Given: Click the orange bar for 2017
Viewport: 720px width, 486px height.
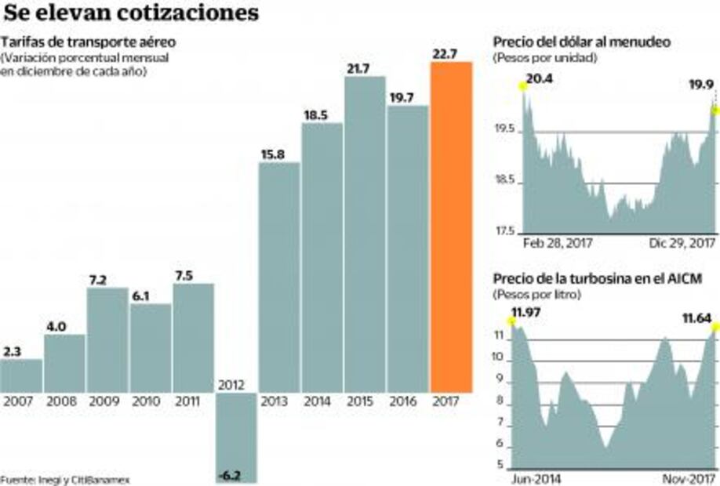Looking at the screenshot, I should pyautogui.click(x=451, y=227).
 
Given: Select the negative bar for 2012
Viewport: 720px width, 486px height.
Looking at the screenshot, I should pyautogui.click(x=237, y=437).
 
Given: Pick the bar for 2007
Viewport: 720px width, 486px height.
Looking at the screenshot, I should pyautogui.click(x=21, y=375).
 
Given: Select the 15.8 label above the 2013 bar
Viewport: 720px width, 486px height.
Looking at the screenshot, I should pyautogui.click(x=278, y=154).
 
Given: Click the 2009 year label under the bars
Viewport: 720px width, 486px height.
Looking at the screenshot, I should pyautogui.click(x=107, y=401).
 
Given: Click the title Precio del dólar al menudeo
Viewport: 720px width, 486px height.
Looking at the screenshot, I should pyautogui.click(x=581, y=42).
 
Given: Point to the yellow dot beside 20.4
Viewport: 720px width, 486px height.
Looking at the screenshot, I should pyautogui.click(x=522, y=86).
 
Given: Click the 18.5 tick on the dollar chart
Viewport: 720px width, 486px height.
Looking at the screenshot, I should pyautogui.click(x=505, y=181).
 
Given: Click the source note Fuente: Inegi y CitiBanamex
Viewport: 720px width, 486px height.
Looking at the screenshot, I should pyautogui.click(x=65, y=479).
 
